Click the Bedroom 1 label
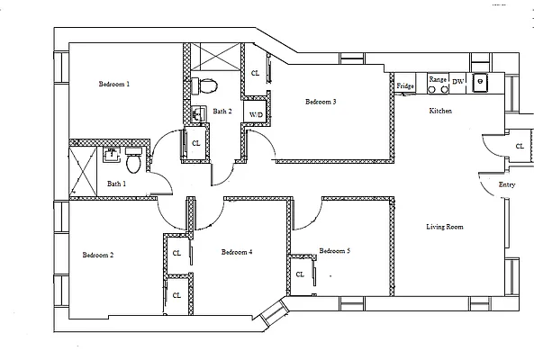(114, 84)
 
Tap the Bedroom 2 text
(98, 255)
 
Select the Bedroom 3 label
(321, 102)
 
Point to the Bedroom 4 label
(237, 252)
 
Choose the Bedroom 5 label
(334, 250)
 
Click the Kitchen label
(440, 111)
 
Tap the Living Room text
(444, 227)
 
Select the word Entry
(507, 185)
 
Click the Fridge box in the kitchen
(405, 85)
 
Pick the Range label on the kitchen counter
(437, 80)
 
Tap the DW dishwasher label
(457, 81)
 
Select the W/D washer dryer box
(256, 115)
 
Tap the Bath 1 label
(117, 184)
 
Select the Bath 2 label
(222, 112)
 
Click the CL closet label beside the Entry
(520, 146)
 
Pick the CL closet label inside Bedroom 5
(300, 274)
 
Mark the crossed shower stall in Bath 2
(214, 57)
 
